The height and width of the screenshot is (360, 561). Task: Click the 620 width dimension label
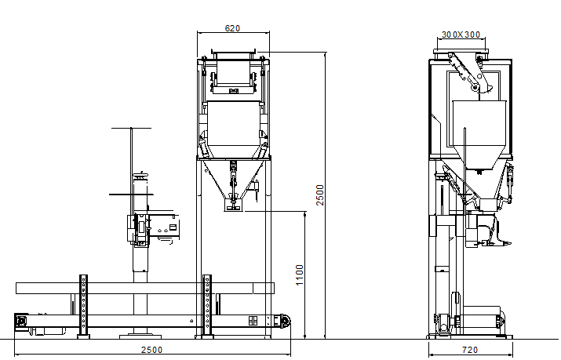click(232, 28)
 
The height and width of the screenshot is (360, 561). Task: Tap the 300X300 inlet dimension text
click(461, 35)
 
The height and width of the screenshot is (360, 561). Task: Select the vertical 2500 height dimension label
click(320, 195)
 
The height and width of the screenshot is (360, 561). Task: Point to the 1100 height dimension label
click(300, 275)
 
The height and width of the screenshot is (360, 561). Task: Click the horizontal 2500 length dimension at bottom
click(151, 350)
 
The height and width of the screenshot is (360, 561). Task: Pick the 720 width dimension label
click(470, 350)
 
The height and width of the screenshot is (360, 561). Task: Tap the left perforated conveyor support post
click(83, 306)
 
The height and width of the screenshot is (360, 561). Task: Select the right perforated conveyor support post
click(207, 306)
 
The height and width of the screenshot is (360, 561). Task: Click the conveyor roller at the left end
click(21, 320)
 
